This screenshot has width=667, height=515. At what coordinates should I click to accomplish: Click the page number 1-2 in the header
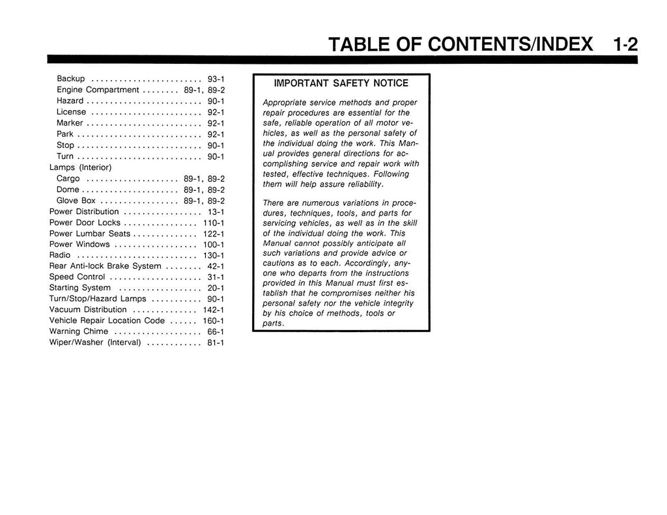tap(625, 44)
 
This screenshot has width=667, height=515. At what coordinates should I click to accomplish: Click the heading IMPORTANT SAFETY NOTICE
tap(341, 83)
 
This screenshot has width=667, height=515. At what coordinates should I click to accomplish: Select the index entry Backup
tap(71, 79)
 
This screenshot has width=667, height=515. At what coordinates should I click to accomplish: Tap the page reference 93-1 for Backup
tap(216, 79)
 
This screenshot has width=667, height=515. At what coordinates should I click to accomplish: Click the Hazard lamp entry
tap(70, 101)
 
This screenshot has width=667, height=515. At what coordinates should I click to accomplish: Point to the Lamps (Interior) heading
tap(81, 167)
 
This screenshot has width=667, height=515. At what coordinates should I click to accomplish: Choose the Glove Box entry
tap(76, 201)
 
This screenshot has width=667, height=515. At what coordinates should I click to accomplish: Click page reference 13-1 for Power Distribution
tap(216, 212)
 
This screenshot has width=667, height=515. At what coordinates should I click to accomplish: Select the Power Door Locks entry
tap(85, 223)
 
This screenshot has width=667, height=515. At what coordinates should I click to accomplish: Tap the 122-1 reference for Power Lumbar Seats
tap(214, 234)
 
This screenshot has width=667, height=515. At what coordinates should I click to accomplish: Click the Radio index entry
tap(60, 255)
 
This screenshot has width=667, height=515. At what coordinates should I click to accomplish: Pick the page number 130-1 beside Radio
tap(214, 255)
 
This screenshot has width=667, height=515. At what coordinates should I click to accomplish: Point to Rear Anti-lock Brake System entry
tap(105, 266)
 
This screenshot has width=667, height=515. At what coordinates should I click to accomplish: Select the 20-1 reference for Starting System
tap(216, 288)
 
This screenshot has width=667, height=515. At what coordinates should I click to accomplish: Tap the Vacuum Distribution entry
tap(88, 309)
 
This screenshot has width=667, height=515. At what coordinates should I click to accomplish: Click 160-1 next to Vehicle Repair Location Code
tap(214, 321)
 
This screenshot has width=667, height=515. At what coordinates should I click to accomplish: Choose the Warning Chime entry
tap(79, 331)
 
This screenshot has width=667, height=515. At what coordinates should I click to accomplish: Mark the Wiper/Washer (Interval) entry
tap(95, 342)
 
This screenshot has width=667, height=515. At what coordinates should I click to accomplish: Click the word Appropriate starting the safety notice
tap(284, 103)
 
